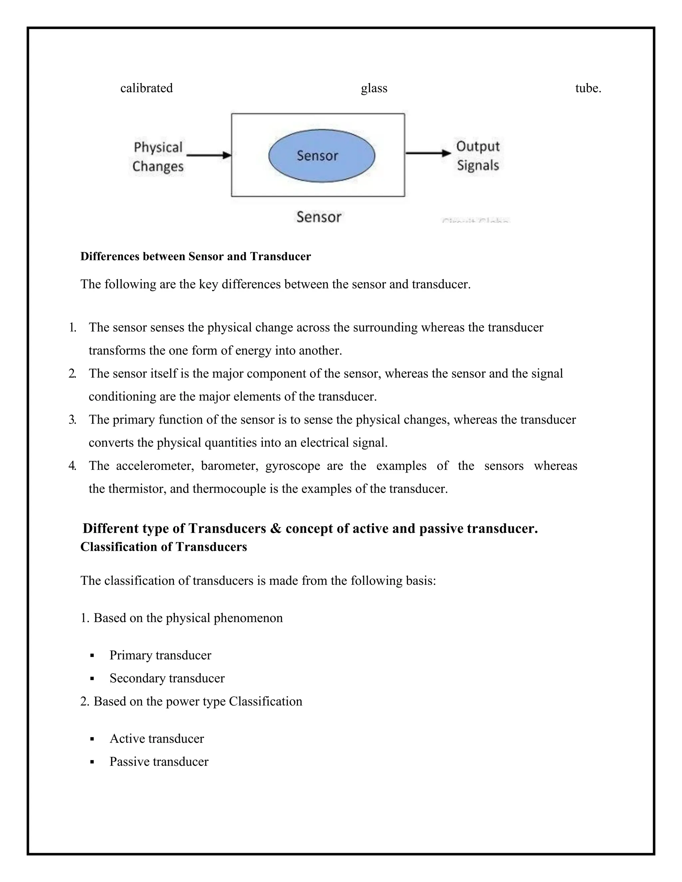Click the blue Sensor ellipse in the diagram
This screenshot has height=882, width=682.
pos(322,155)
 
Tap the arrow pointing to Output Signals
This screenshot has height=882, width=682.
pos(428,153)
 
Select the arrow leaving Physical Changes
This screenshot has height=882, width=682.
pos(209,155)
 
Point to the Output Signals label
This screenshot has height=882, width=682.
pos(478,155)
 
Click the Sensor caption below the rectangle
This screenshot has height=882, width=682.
pos(319,217)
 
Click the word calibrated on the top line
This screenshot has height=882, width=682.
pos(146,88)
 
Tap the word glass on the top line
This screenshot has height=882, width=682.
pos(374,88)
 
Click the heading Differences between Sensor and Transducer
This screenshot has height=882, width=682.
pos(195,256)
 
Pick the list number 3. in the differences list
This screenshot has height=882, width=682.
pos(72,420)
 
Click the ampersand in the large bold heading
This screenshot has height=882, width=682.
pos(275,528)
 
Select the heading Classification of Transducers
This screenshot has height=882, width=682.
pos(164,547)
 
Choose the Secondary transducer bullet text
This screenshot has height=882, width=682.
pos(167,678)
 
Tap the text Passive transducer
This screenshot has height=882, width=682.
pos(159,762)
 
